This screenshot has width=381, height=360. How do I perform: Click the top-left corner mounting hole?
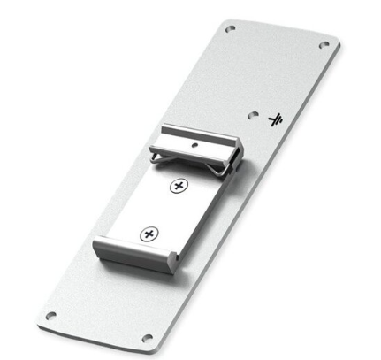(x=232, y=28)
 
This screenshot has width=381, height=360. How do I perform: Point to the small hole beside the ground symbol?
(x=254, y=115)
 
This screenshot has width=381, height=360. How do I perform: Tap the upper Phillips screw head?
(x=179, y=186)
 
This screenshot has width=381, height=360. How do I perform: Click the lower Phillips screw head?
(x=149, y=234)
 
